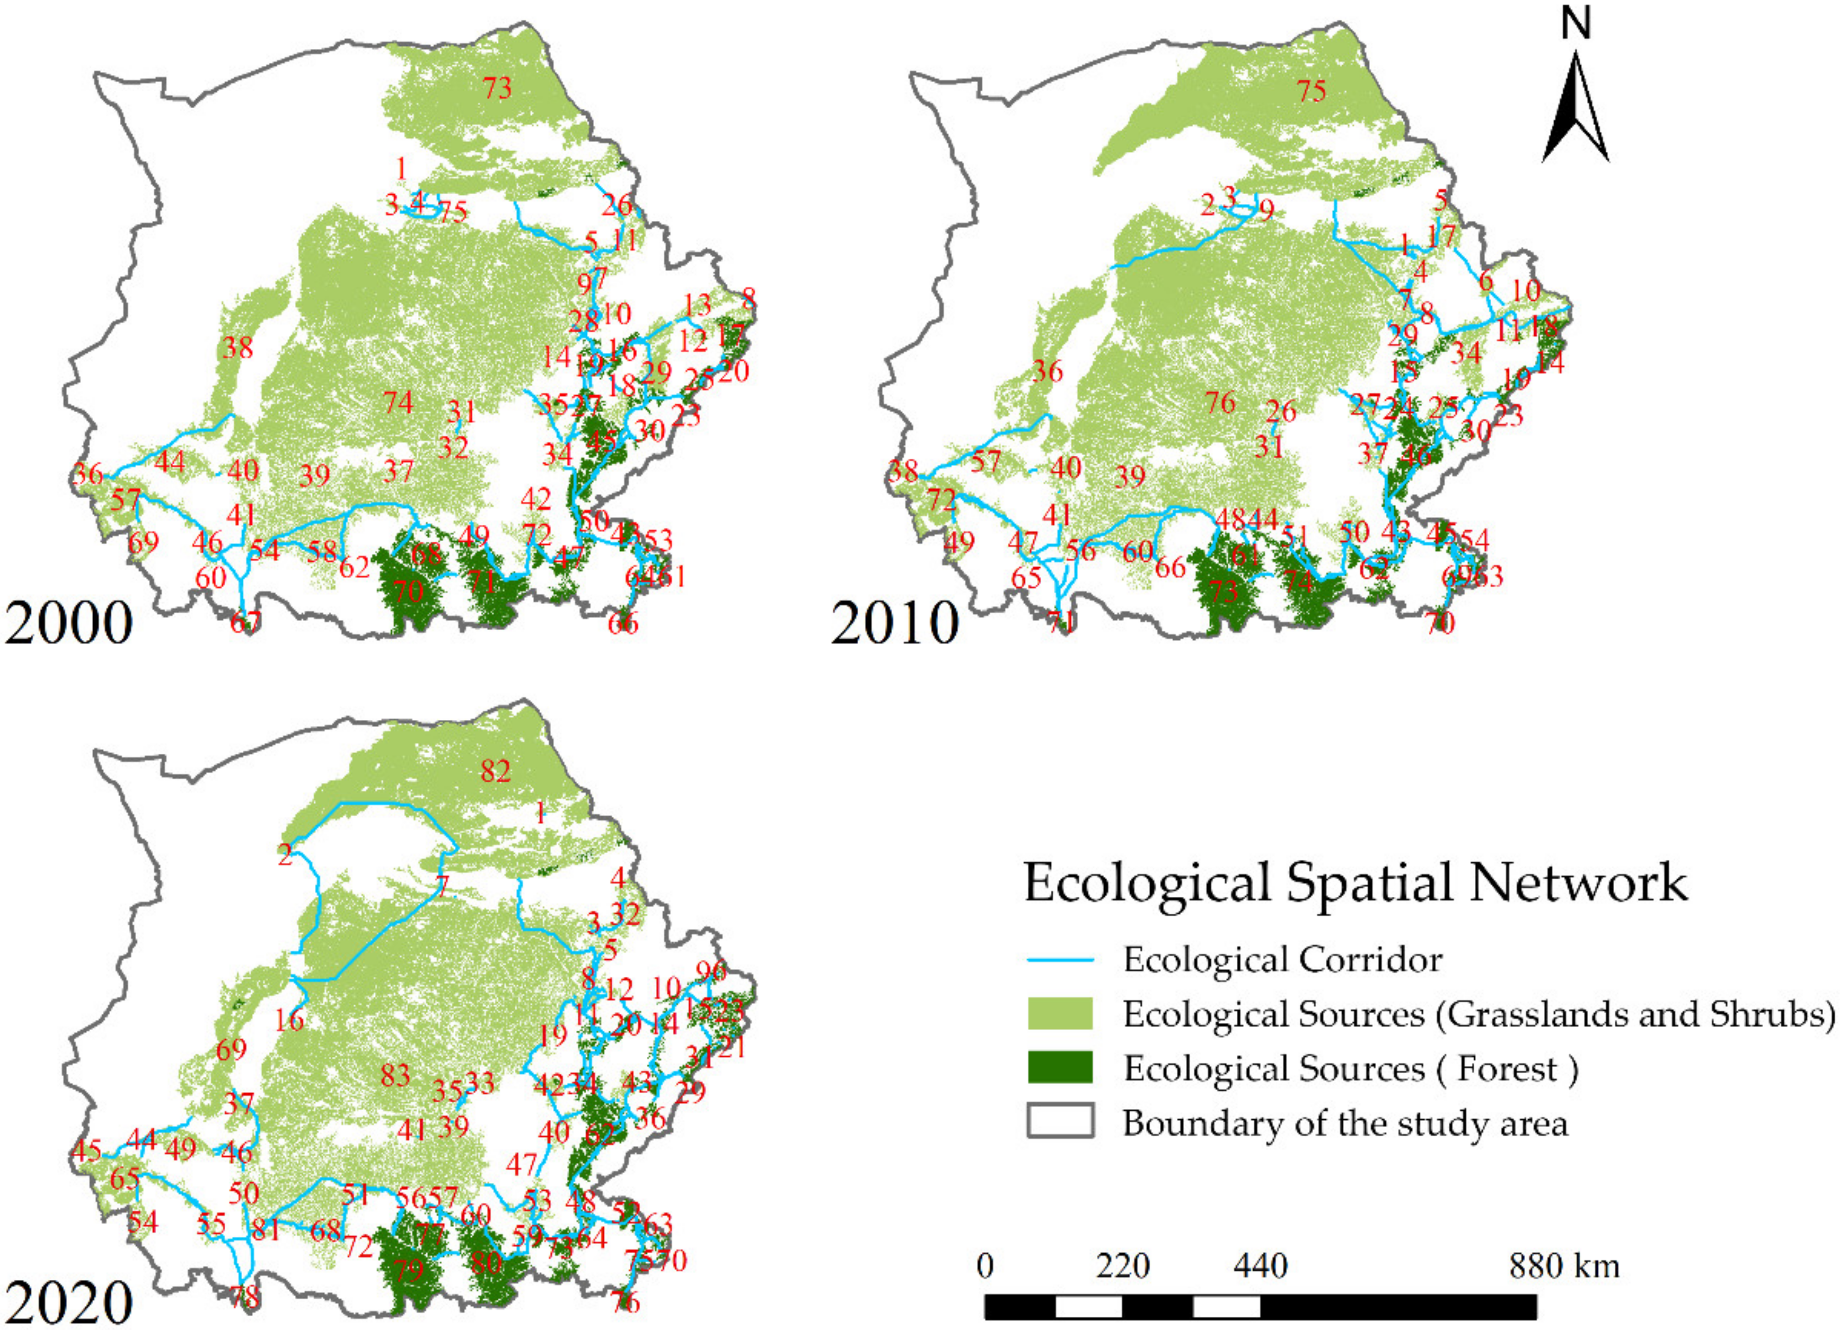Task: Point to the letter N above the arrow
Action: (x=1575, y=24)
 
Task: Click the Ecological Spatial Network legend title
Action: (x=1355, y=883)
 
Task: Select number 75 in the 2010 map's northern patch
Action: (x=1311, y=91)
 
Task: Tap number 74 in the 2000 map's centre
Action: (x=398, y=403)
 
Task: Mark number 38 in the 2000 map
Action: (x=238, y=348)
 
